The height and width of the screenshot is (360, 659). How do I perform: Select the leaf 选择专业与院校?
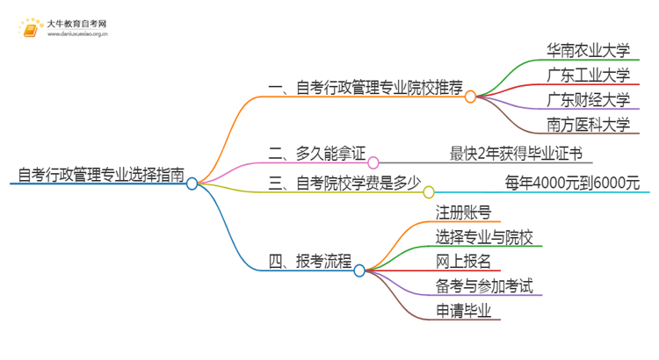click(x=489, y=236)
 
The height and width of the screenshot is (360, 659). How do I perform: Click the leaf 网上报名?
click(x=463, y=261)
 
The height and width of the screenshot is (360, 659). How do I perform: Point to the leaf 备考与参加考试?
click(x=489, y=285)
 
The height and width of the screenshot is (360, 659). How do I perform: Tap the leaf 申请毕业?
click(x=463, y=310)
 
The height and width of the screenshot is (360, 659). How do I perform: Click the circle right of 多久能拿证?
click(x=373, y=162)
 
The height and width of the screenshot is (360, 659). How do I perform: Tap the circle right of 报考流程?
click(x=359, y=270)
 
